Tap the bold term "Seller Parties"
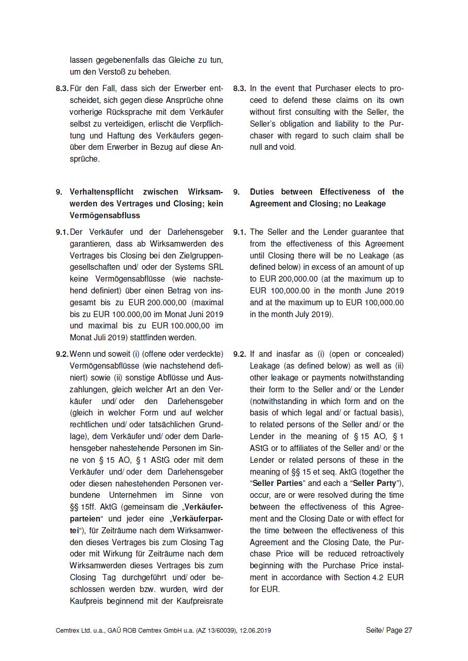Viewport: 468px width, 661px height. [278, 483]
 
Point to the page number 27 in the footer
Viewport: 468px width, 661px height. [408, 630]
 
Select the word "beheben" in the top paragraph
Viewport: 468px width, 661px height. [155, 72]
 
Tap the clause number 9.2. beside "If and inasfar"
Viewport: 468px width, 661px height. [239, 354]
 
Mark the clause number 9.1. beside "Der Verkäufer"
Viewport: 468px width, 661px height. [62, 232]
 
